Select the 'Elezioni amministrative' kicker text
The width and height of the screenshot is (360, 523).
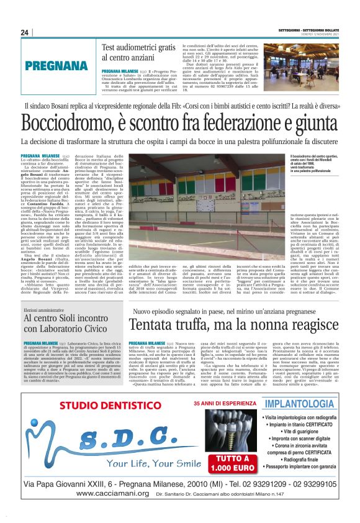45,309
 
